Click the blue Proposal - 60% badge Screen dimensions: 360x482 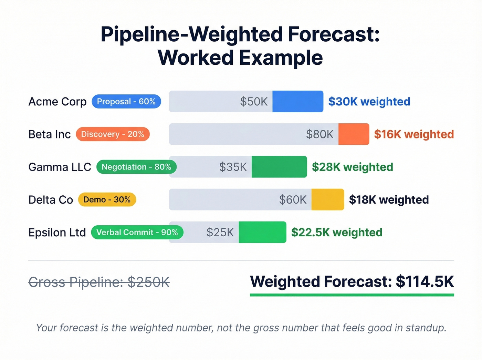(x=126, y=102)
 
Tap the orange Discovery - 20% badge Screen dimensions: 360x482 (x=113, y=134)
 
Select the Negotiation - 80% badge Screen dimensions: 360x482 (x=136, y=167)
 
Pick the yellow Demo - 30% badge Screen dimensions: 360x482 (x=107, y=200)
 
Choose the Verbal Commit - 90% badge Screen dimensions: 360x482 (x=137, y=233)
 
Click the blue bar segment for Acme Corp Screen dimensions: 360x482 (x=297, y=102)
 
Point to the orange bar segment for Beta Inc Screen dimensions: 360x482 (x=354, y=134)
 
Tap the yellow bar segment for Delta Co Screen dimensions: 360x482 (x=327, y=200)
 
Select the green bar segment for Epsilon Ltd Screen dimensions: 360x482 (x=262, y=233)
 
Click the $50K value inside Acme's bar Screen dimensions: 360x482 (x=254, y=102)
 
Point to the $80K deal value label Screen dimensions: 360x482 (x=320, y=134)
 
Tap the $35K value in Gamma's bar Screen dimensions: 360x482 (x=233, y=167)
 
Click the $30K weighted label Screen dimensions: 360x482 (x=369, y=102)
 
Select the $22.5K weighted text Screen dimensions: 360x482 (x=337, y=233)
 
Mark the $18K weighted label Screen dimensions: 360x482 (x=389, y=200)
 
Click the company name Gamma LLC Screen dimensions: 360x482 (x=60, y=167)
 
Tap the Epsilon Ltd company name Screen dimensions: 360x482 (x=57, y=233)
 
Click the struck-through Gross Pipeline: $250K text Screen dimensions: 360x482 (x=99, y=282)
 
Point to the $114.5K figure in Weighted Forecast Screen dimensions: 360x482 (x=425, y=281)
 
